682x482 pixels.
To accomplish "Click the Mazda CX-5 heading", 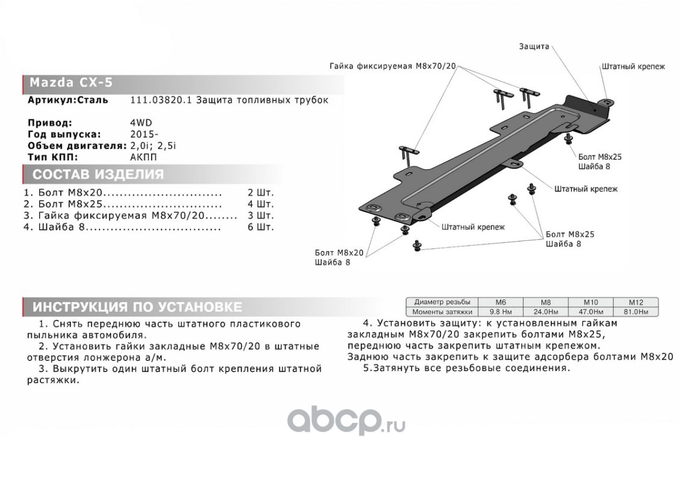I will coord(71,83).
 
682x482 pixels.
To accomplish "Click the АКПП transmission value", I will coord(143,157).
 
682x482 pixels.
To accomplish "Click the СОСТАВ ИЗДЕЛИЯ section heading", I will coord(98,175).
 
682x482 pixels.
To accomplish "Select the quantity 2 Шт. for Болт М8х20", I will coord(260,194).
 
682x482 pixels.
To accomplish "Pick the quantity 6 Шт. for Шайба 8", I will coord(260,228).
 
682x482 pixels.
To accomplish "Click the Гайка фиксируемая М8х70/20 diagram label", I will coord(393,66).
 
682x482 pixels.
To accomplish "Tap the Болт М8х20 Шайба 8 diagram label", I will coord(339,257).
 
